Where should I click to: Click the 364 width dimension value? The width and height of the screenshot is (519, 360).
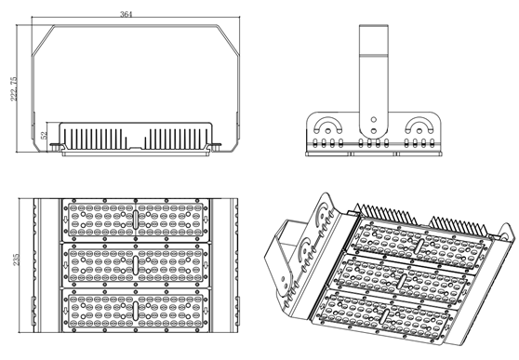(x=126, y=14)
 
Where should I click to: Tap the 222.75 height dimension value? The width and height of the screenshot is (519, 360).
(x=14, y=88)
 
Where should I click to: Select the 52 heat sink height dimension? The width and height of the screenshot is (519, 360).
(x=44, y=135)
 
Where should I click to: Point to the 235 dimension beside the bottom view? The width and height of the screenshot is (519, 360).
(x=16, y=260)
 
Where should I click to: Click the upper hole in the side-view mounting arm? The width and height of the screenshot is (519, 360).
(x=374, y=119)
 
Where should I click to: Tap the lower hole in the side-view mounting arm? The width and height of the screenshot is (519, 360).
(x=374, y=131)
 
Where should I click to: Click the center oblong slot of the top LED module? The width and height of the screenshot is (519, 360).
(x=136, y=220)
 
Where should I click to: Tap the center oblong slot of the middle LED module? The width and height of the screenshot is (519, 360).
(x=136, y=264)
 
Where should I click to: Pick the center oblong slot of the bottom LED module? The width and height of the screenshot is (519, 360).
(x=136, y=311)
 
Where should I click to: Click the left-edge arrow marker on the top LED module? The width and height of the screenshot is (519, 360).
(x=65, y=220)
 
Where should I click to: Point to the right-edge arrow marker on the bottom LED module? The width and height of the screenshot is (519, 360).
(x=206, y=311)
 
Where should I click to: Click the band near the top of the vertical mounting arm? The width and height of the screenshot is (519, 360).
(x=374, y=56)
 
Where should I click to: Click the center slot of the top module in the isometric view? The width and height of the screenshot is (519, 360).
(x=419, y=246)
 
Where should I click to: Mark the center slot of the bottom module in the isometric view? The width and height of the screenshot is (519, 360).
(x=384, y=315)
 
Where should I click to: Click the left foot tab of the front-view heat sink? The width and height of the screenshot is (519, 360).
(x=56, y=146)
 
